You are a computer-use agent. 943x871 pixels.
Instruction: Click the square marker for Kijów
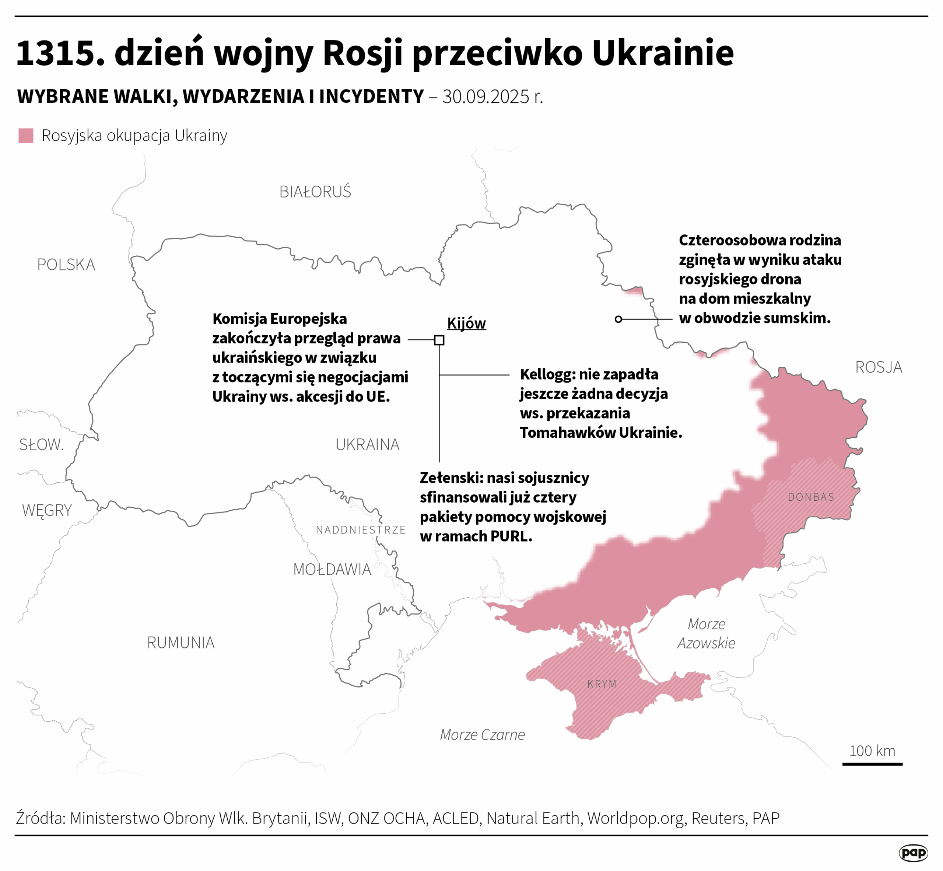pos(439,340)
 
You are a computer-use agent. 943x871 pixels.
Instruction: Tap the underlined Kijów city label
pos(466,323)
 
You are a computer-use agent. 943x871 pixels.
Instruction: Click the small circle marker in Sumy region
pos(618,319)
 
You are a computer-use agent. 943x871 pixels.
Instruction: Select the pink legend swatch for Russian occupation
pos(26,136)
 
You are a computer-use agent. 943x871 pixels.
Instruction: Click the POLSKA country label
pos(66,265)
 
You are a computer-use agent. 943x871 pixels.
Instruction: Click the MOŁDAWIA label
pos(332,569)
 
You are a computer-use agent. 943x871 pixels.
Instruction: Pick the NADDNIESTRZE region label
pos(361,530)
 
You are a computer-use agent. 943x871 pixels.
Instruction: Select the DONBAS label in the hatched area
pos(810,497)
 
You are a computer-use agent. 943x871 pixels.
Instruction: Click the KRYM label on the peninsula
pos(602,684)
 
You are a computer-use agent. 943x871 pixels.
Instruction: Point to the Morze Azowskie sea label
pos(706,633)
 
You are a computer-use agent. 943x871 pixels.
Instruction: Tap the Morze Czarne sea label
pos(482,734)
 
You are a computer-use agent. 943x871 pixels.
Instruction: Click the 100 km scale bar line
pos(872,763)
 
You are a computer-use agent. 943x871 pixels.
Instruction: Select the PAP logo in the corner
pos(913,852)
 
